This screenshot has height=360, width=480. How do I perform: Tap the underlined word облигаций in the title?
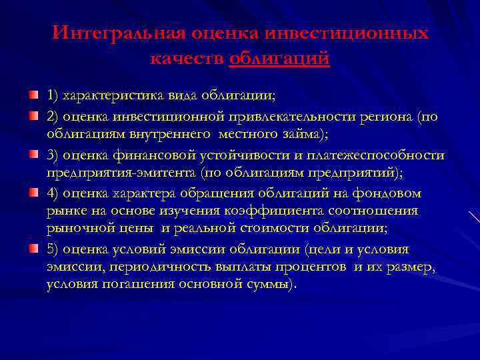point(279,59)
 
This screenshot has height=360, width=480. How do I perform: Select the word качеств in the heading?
point(186,59)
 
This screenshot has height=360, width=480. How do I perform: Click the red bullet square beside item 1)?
point(33,95)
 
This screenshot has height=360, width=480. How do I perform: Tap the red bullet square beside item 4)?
point(33,192)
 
